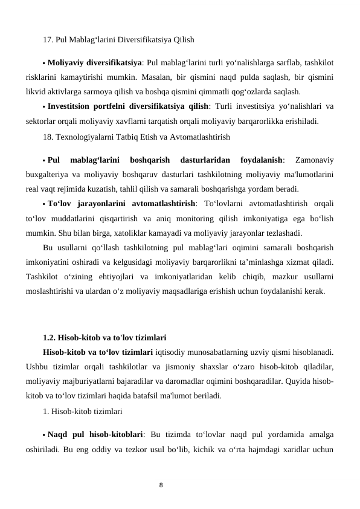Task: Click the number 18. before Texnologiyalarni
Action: click(x=48, y=137)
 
